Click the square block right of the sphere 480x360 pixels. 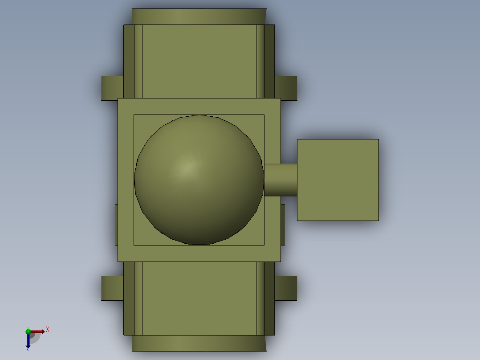[x=338, y=180]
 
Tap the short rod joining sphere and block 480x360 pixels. [x=281, y=180]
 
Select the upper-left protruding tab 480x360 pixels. [x=112, y=88]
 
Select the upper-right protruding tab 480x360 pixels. [x=286, y=88]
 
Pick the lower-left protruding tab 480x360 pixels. [x=112, y=288]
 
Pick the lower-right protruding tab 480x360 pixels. [x=286, y=288]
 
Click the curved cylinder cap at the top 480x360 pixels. [x=199, y=16]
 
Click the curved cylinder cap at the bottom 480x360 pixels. [x=199, y=343]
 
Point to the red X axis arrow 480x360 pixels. [x=38, y=331]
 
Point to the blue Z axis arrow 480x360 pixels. [x=28, y=341]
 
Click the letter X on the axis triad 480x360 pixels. [x=48, y=330]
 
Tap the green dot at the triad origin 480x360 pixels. [x=28, y=331]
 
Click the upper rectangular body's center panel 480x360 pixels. [x=199, y=61]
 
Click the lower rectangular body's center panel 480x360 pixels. [x=199, y=298]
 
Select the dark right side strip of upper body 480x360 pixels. [x=269, y=61]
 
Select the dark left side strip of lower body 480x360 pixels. [x=129, y=298]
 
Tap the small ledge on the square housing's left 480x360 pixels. [x=116, y=225]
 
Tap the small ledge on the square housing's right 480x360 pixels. [x=283, y=225]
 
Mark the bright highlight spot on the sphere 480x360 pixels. [x=188, y=167]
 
